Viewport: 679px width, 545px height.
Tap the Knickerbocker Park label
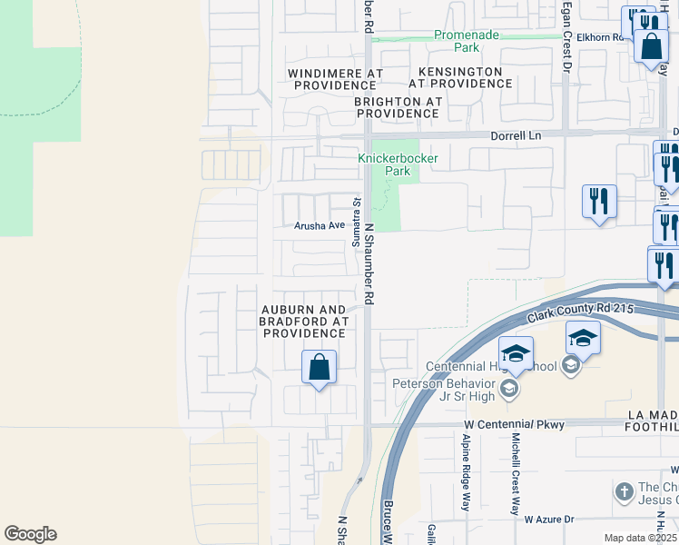398,163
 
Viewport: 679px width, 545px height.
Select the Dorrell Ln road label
516,135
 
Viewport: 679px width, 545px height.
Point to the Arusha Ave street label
317,227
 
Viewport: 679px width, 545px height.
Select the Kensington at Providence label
460,77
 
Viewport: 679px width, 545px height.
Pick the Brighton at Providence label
398,107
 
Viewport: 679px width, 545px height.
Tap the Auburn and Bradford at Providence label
304,322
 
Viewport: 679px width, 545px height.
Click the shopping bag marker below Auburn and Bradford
319,369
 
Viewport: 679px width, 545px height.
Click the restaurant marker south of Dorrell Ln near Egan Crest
599,202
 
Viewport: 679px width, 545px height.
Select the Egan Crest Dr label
566,36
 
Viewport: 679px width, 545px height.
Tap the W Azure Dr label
549,519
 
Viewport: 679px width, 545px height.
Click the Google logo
30,534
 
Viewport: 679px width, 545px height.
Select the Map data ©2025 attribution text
641,538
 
